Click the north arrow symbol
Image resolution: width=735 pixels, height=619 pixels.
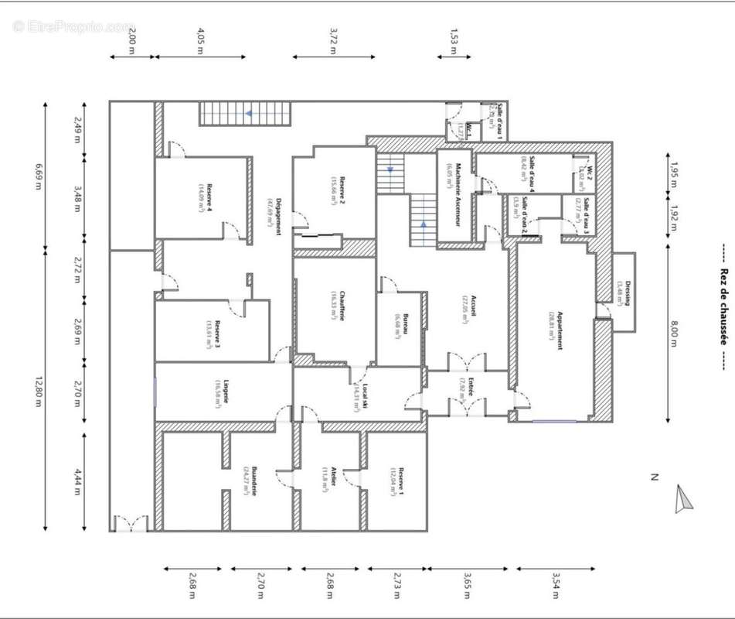click(x=683, y=499)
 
